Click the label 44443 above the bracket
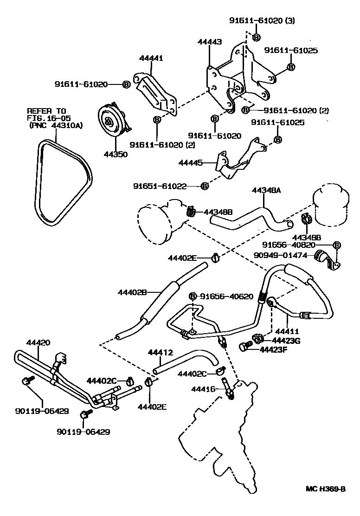[x=209, y=41]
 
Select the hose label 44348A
[x=267, y=190]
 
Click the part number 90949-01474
[x=285, y=254]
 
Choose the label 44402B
[x=132, y=292]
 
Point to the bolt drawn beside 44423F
[x=244, y=347]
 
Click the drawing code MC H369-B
[x=326, y=502]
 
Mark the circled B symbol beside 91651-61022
[x=204, y=186]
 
